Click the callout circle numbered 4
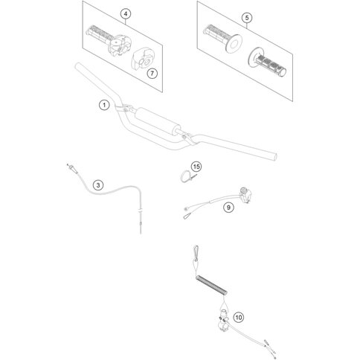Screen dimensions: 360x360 [x=126, y=14]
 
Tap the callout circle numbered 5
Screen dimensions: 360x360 [x=247, y=18]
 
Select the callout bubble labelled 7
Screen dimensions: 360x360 [x=152, y=73]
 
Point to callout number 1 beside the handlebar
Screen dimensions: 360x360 [x=104, y=105]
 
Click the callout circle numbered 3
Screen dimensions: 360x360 [x=98, y=185]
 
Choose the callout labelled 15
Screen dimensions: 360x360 [x=196, y=167]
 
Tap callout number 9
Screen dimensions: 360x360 [x=228, y=207]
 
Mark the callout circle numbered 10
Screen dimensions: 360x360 [x=239, y=318]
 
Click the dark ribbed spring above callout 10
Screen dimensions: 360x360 [x=211, y=286]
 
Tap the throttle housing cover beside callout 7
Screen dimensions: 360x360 [x=141, y=60]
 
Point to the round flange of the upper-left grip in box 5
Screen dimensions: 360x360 [x=234, y=44]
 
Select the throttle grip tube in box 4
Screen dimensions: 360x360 [x=99, y=33]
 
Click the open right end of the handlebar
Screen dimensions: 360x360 [x=274, y=157]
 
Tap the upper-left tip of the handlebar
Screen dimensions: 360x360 [x=77, y=65]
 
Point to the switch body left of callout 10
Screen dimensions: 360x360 [x=222, y=320]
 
